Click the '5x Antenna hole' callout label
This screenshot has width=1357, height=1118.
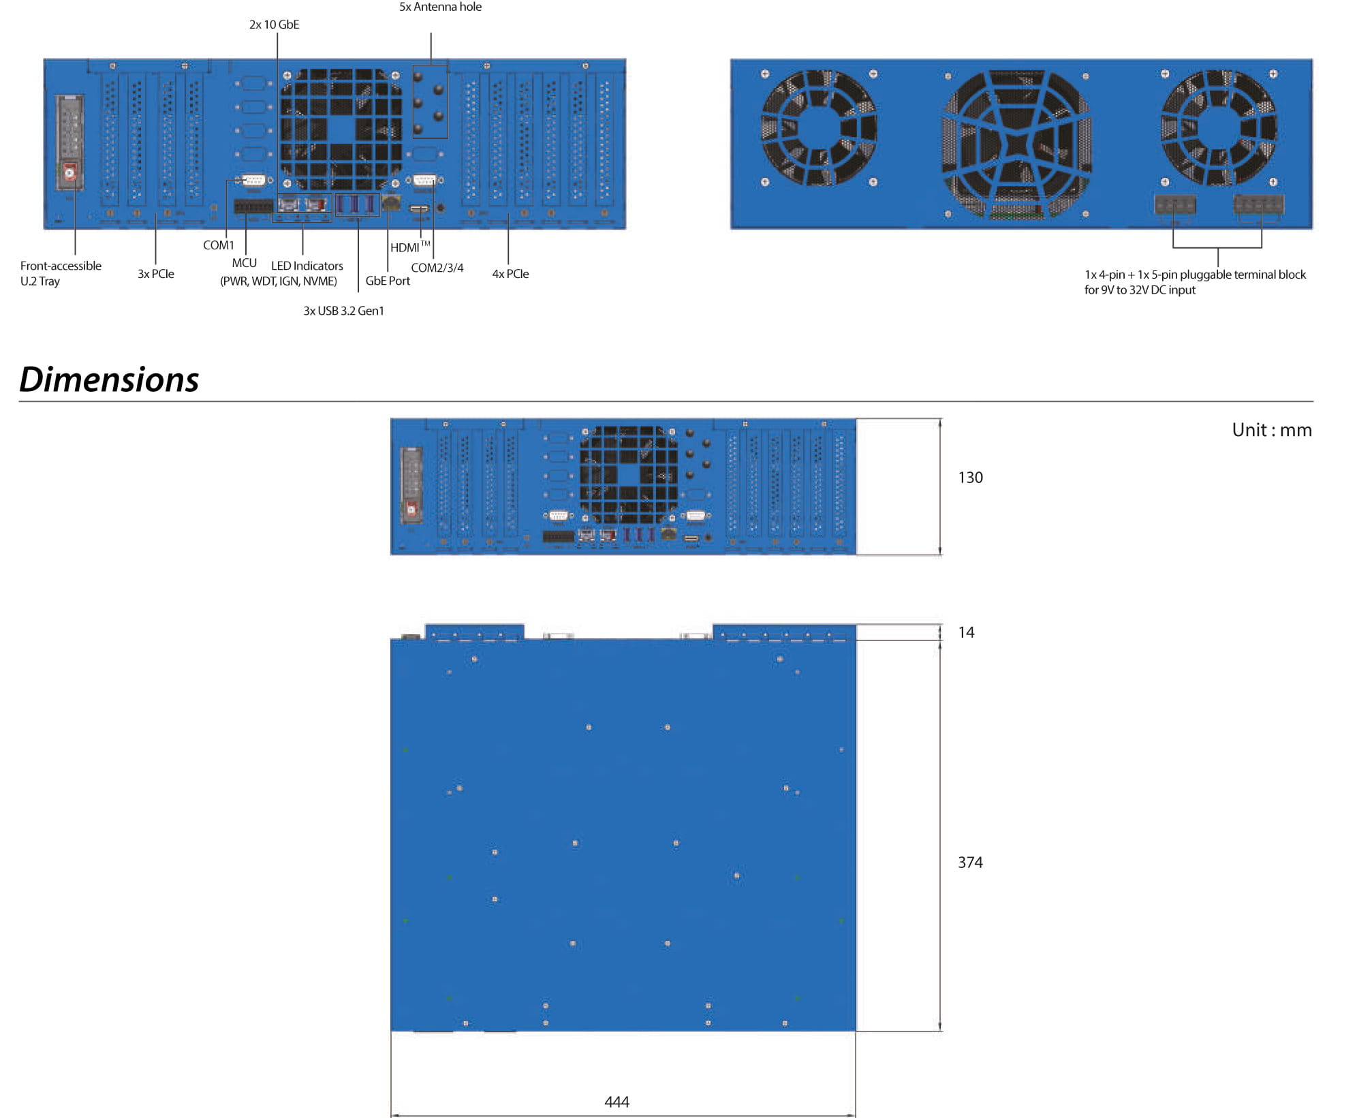(x=440, y=7)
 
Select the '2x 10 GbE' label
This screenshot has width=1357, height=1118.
(x=274, y=25)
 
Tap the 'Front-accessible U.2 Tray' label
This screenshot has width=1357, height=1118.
(x=61, y=273)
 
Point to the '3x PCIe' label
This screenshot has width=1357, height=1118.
(x=156, y=274)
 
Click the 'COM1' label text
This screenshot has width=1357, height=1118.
(x=218, y=245)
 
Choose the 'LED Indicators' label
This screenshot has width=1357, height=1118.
(x=307, y=266)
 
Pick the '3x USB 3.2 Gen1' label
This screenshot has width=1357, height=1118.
(x=343, y=311)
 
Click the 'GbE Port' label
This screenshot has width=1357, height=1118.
(x=388, y=281)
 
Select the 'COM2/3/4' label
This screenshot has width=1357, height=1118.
(x=437, y=268)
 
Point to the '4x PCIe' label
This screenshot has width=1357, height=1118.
(x=510, y=274)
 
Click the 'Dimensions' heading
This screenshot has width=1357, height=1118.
(x=109, y=379)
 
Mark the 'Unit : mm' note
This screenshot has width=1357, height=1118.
(x=1272, y=430)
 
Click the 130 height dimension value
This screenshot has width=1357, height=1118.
(x=970, y=478)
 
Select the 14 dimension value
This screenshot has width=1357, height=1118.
(x=966, y=632)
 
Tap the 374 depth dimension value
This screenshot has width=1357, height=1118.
(x=970, y=863)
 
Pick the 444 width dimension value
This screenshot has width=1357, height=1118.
(x=617, y=1102)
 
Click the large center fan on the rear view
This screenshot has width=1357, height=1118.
(x=1016, y=144)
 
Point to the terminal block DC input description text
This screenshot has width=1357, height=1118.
(x=1195, y=282)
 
